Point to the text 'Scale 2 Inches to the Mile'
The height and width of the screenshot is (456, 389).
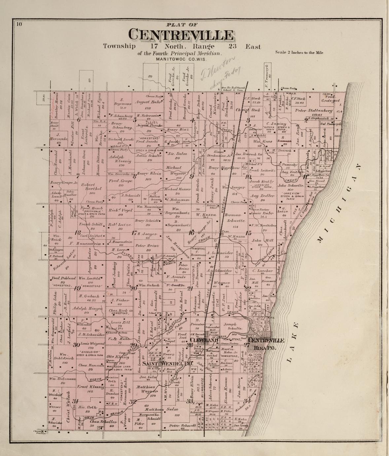[299, 53]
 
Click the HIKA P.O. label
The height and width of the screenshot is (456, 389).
[264, 348]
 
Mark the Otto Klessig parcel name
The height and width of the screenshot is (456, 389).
[117, 356]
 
